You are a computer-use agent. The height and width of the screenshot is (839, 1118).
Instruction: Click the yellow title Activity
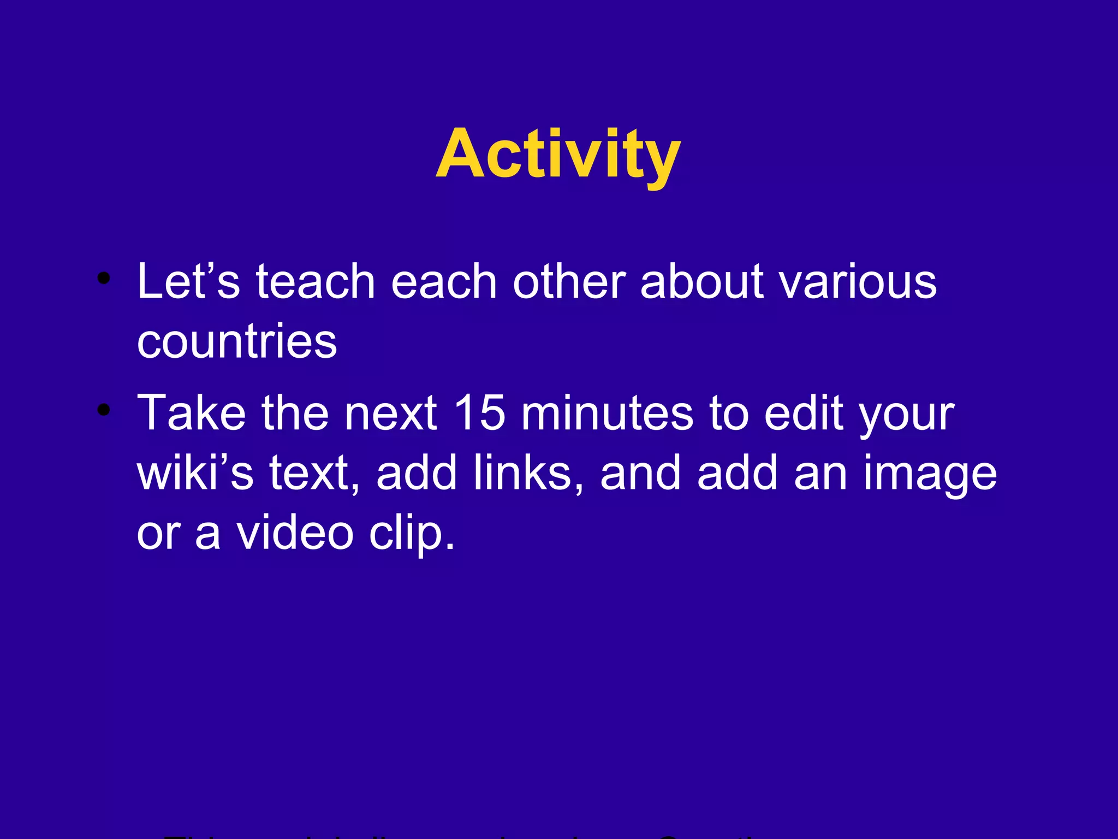pos(558,154)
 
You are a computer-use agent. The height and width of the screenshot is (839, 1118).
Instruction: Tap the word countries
pos(237,341)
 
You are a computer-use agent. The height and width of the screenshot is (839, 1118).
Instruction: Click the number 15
pos(479,413)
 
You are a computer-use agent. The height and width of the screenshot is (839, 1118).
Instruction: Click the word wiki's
pos(195,472)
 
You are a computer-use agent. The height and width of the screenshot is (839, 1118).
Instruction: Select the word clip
pos(411,534)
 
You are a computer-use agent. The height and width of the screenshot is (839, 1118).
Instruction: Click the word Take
pos(192,413)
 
